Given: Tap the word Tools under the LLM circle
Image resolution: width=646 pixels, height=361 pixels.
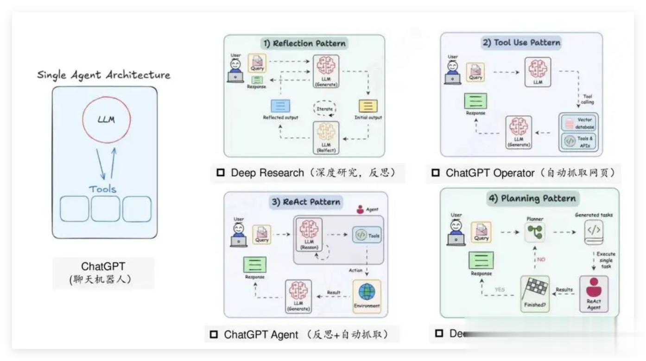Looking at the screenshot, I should pyautogui.click(x=103, y=188).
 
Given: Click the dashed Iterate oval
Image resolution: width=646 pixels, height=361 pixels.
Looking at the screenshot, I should pyautogui.click(x=325, y=108).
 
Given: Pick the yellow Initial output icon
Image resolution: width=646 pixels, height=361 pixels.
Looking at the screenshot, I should pyautogui.click(x=368, y=106).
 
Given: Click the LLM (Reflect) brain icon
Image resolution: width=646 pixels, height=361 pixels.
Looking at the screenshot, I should pyautogui.click(x=326, y=132).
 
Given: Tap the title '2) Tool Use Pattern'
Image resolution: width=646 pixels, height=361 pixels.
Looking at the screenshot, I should pyautogui.click(x=521, y=43).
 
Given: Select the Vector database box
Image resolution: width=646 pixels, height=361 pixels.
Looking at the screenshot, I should pyautogui.click(x=578, y=124).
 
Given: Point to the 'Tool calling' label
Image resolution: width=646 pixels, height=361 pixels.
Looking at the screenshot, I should pyautogui.click(x=586, y=99).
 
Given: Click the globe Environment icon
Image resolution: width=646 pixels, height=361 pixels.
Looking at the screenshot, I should pyautogui.click(x=367, y=293).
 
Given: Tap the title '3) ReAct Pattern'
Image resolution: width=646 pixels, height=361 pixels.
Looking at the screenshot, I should pyautogui.click(x=305, y=202).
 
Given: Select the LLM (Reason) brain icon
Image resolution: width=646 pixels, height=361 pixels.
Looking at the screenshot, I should pyautogui.click(x=308, y=230).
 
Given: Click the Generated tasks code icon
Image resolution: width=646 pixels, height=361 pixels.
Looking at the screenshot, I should pyautogui.click(x=594, y=232).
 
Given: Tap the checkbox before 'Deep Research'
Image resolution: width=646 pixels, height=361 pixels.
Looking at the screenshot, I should pyautogui.click(x=221, y=173).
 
